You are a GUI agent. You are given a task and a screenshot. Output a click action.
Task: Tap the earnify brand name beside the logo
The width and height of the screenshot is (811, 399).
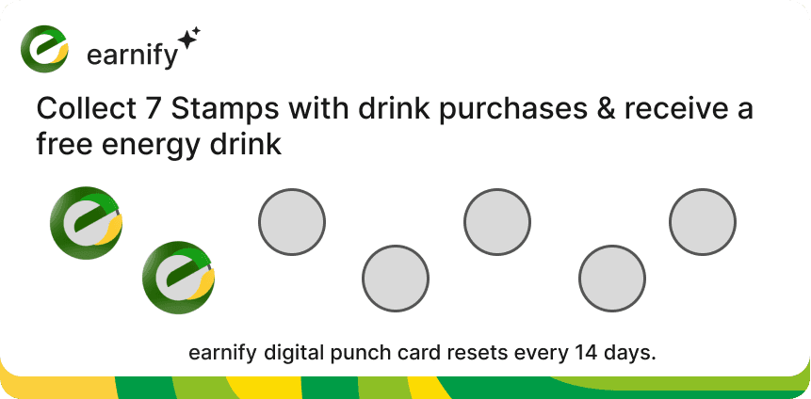(x=131, y=56)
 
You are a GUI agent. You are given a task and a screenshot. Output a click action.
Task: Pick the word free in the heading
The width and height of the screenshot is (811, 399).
(x=61, y=145)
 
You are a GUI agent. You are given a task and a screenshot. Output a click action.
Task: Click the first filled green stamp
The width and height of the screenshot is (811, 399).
(x=86, y=223)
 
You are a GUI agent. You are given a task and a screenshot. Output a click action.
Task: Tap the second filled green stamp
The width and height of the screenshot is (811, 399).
(x=178, y=278)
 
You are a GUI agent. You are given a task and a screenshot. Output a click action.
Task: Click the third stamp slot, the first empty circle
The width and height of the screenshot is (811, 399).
(x=292, y=223)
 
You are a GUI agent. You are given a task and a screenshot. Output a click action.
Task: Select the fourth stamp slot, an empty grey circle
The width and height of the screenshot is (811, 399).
(x=396, y=279)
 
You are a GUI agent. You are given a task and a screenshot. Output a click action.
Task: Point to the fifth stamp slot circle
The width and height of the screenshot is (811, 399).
(x=497, y=222)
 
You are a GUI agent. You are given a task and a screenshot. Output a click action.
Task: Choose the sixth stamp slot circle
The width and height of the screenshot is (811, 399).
(x=612, y=279)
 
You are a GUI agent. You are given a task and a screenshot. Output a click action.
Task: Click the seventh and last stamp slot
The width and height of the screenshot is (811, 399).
(x=703, y=223)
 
